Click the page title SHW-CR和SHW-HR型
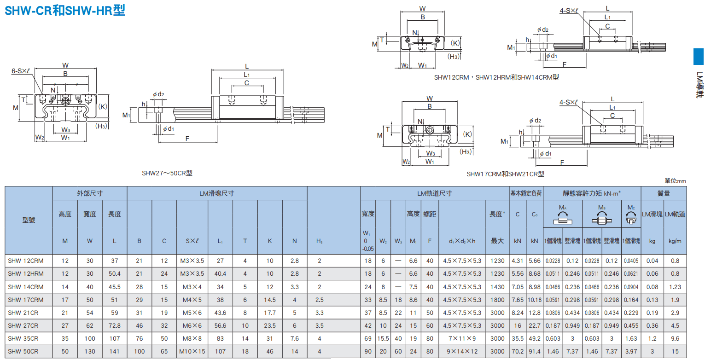click(x=65, y=11)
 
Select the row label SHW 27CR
click(x=23, y=325)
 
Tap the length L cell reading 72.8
click(x=115, y=325)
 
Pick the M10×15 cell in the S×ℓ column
click(x=192, y=352)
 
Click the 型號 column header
click(x=29, y=220)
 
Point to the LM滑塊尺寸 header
click(x=217, y=193)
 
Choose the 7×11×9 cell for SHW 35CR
click(x=462, y=339)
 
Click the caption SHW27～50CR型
click(x=167, y=173)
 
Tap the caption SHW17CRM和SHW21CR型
click(x=506, y=174)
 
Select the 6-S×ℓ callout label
click(x=20, y=71)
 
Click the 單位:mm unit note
click(x=675, y=181)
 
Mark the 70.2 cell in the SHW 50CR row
click(x=518, y=352)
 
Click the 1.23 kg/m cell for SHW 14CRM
click(x=675, y=287)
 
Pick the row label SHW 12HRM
click(x=26, y=274)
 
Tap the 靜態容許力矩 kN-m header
click(x=592, y=193)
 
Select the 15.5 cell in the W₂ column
click(x=383, y=339)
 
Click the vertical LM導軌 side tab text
click(x=699, y=85)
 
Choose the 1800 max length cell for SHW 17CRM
click(x=497, y=300)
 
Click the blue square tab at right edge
click(x=699, y=57)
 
